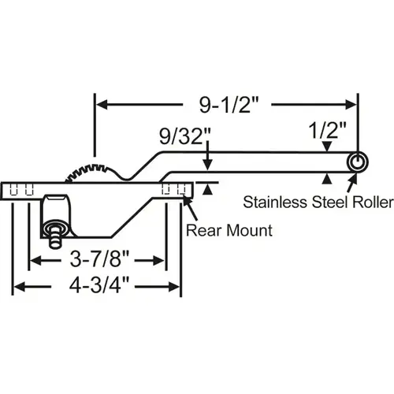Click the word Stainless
[x=272, y=203]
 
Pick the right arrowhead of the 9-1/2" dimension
[x=351, y=102]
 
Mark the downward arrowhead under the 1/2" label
[x=325, y=147]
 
